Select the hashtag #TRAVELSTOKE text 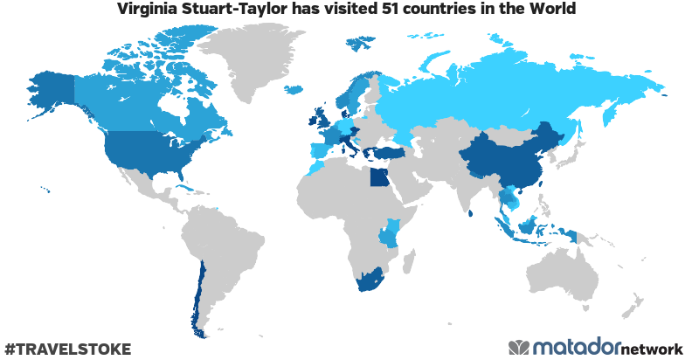67,349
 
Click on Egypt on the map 379,178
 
